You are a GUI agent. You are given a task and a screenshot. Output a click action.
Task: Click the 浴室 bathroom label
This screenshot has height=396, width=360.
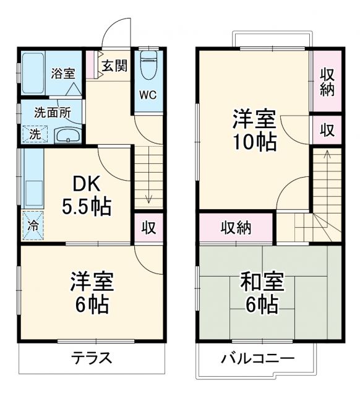coord(63,72)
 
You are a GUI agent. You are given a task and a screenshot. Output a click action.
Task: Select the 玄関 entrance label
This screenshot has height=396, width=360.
coord(114,66)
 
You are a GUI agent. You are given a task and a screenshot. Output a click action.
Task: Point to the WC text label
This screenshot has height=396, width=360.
coord(147,95)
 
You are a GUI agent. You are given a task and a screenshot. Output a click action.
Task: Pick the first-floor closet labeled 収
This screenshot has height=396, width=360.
coord(148,227)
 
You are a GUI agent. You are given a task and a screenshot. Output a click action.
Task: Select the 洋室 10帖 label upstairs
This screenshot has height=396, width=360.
coord(254,130)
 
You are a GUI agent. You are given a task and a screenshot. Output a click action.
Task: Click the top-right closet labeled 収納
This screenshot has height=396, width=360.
coord(327,81)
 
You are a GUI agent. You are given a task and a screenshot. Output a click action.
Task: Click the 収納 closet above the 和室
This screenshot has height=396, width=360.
coord(236,227)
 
